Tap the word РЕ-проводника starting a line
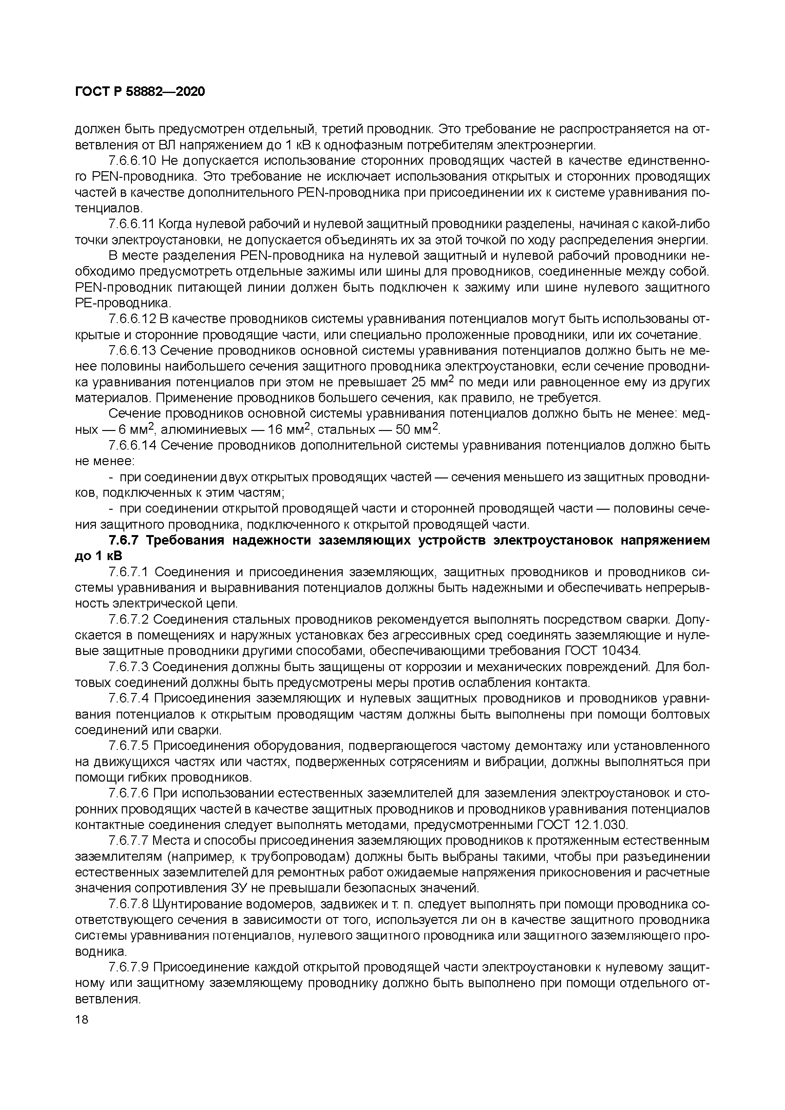[x=122, y=304]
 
